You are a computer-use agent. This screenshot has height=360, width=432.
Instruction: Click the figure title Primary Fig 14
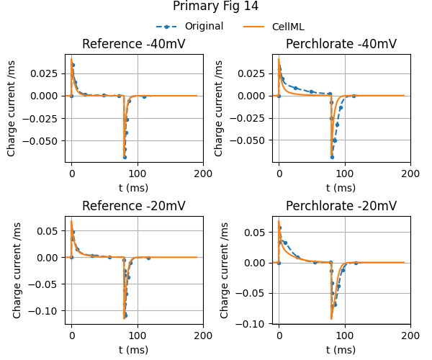click(x=215, y=6)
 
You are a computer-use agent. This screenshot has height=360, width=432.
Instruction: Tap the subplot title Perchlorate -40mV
click(x=341, y=44)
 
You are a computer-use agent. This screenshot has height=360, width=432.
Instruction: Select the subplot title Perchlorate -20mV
click(x=341, y=207)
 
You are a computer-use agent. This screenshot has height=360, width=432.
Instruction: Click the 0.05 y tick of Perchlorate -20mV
click(x=259, y=232)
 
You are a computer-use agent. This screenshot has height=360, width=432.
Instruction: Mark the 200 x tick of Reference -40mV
click(x=203, y=174)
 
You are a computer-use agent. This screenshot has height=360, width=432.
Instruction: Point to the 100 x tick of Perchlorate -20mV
click(x=345, y=336)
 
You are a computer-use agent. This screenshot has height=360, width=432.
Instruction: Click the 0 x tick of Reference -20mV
click(x=71, y=336)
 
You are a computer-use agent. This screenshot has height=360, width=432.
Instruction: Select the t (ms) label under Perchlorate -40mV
click(x=341, y=187)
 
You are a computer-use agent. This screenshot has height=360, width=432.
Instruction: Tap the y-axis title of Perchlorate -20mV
click(x=225, y=271)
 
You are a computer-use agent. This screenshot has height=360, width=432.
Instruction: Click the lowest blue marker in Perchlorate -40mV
click(x=333, y=156)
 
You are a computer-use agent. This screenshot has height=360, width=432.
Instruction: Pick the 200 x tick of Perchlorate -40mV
click(x=410, y=174)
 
